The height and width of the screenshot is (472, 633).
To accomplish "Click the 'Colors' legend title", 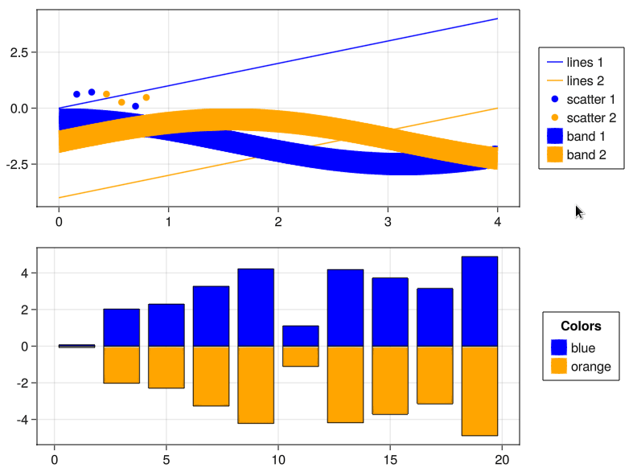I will [x=581, y=326].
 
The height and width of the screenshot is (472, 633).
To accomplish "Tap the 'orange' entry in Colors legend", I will [x=581, y=367].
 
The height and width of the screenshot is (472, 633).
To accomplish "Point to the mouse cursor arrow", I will [x=578, y=211].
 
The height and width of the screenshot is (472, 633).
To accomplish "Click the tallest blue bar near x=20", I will [x=479, y=301].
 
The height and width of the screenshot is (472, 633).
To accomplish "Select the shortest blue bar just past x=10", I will [x=300, y=335].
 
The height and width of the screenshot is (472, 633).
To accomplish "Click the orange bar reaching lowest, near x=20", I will [x=479, y=391].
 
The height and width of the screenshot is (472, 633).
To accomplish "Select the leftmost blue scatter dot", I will [x=76, y=94].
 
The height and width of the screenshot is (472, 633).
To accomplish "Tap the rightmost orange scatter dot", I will [x=146, y=97].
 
